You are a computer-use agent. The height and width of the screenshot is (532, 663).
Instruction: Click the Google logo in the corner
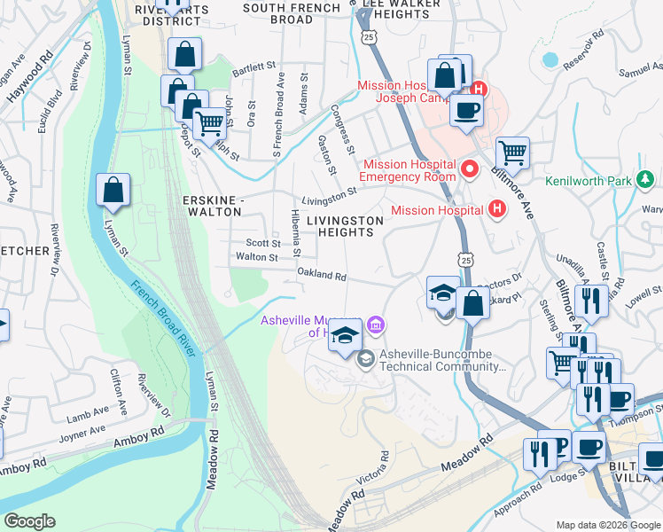coord(29,521)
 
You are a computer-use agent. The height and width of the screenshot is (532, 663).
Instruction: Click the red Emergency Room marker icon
coord(471,166)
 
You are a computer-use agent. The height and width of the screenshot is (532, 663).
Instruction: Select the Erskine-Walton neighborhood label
coord(211,207)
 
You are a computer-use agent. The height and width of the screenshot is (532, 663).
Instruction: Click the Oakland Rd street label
coord(321,275)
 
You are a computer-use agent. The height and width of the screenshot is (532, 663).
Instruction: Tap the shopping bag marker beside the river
coord(113,190)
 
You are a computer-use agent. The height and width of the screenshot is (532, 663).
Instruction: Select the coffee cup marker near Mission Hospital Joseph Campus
coord(465,112)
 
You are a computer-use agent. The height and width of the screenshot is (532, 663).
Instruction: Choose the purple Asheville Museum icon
coord(376,326)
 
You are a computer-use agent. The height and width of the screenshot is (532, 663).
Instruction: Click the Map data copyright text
coord(607,524)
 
